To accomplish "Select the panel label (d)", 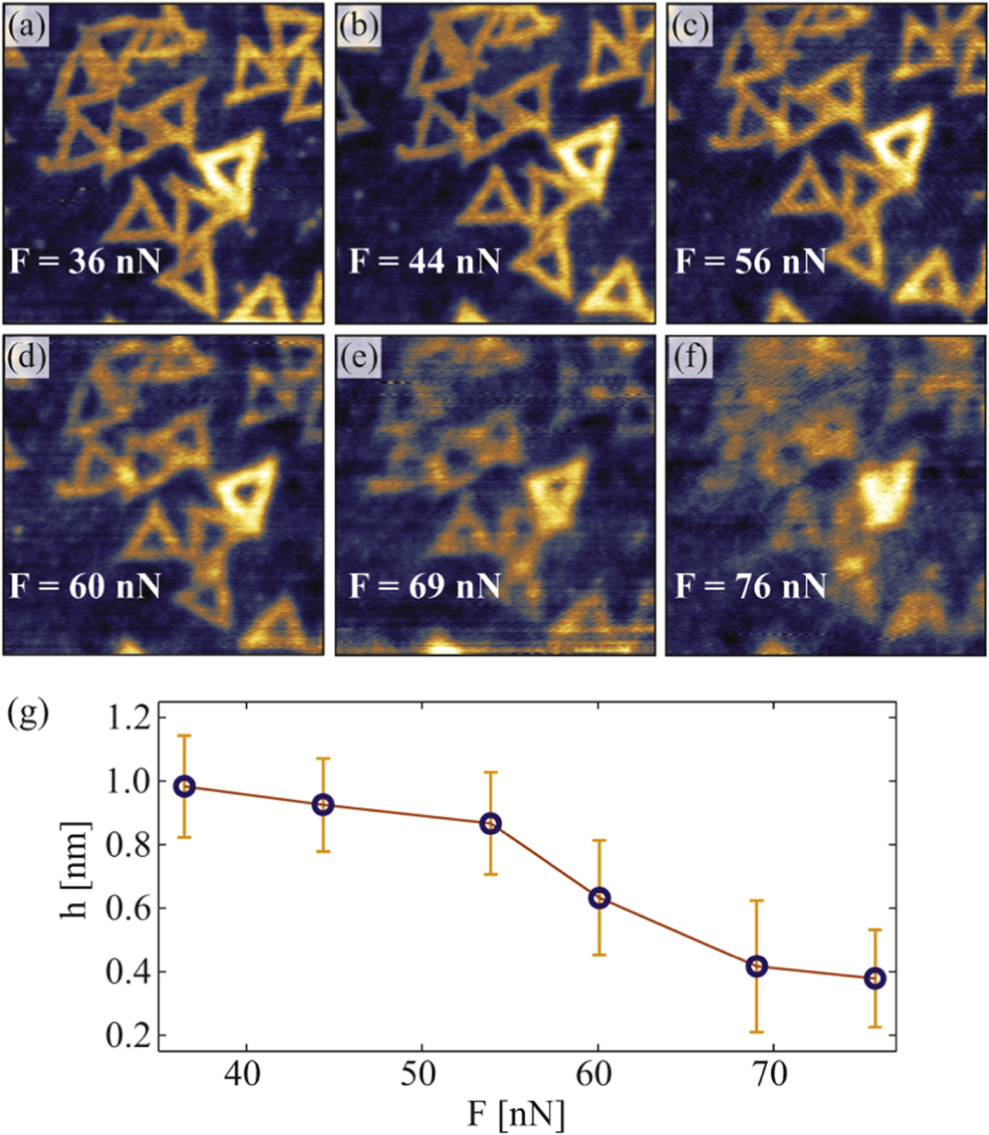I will click(x=26, y=358).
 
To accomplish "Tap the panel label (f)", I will click(x=690, y=358).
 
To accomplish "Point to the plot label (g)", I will click(x=28, y=713).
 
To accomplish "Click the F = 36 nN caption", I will click(x=85, y=262).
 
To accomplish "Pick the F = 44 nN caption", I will click(x=424, y=262).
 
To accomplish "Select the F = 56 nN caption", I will click(x=750, y=262).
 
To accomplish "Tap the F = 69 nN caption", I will click(x=424, y=586).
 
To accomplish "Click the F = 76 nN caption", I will click(x=750, y=586).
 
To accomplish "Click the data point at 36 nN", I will click(x=185, y=786).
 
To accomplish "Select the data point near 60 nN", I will click(x=599, y=897).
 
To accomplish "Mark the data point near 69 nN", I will click(x=756, y=966).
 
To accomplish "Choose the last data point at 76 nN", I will click(x=875, y=978).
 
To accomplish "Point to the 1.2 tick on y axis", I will click(x=128, y=717).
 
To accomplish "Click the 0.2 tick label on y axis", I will click(x=128, y=1036).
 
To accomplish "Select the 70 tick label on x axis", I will click(x=772, y=1075).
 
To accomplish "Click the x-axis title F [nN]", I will click(x=516, y=1114).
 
